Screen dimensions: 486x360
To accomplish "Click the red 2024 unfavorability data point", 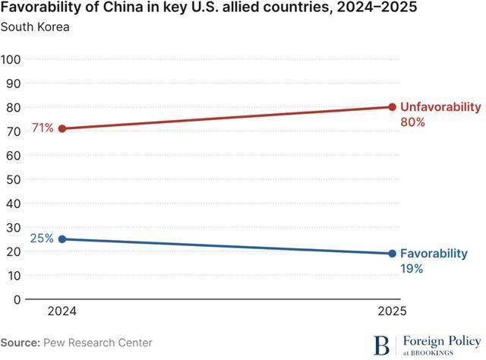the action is coord(62,128).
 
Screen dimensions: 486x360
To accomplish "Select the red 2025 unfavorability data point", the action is coord(392,107).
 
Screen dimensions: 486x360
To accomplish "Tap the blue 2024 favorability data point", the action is coord(62,239).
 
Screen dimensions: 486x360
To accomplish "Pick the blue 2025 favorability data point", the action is coord(392,254).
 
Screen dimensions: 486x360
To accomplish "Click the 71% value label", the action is coord(43,128).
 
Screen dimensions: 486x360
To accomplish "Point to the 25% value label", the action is coord(42,238).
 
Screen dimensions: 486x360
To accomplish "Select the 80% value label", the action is coord(412,122).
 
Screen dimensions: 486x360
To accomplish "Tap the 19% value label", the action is coord(412,269).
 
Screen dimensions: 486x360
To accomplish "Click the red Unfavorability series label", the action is coord(440,107).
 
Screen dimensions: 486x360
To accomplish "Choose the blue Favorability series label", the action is coord(434,254).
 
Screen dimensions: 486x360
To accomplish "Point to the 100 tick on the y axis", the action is coord(11,59).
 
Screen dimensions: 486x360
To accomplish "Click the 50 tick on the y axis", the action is coord(14,179).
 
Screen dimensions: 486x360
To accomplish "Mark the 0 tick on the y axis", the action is coord(17,299).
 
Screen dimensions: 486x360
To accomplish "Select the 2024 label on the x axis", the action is coord(62,311).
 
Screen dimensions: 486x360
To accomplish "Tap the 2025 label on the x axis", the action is coord(392,311).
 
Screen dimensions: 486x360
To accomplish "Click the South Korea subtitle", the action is coord(35,27).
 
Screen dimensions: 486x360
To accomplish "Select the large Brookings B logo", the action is coord(381,345).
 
